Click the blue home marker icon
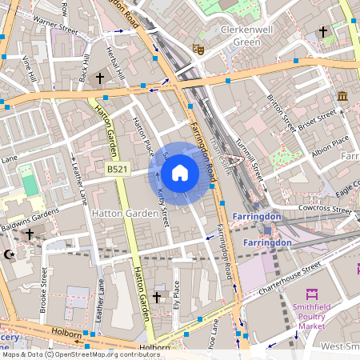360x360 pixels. [179, 173]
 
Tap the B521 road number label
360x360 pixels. [118, 169]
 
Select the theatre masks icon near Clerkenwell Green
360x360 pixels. [201, 49]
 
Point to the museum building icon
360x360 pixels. [342, 96]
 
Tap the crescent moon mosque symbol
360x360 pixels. [10, 254]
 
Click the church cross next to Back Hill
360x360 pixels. [100, 78]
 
